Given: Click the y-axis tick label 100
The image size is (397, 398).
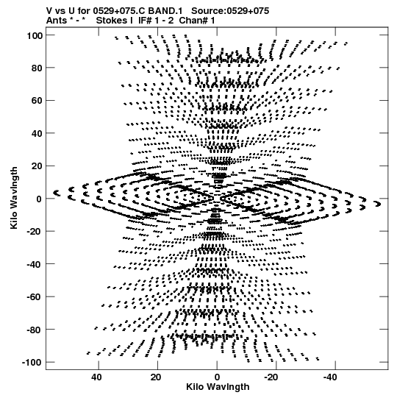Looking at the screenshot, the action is coord(35,36).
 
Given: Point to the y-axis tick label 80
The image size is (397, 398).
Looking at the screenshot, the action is coord(37,68).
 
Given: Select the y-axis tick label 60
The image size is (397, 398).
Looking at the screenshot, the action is coord(37,101).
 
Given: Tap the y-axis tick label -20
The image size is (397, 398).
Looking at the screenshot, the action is coord(35,232).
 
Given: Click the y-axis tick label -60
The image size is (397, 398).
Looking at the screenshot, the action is coord(35,297).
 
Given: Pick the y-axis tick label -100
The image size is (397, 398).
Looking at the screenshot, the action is coord(32,363).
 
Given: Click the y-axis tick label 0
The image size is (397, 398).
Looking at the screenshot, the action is coord(39,199).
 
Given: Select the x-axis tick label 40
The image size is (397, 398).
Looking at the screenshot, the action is coord(96,377).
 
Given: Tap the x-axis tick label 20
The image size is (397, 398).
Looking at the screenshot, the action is coord(156,377).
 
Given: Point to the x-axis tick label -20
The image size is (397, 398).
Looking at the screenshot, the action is coord(271,377).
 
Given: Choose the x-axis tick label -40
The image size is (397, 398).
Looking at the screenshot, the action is coord(330,377).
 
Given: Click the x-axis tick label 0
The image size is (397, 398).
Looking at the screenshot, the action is coord(217,377).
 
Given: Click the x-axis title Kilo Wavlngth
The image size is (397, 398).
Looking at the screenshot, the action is coord(218,387).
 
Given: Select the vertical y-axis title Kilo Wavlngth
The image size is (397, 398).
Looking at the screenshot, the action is coord(14,198).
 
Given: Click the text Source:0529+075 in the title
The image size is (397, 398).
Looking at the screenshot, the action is coord(230,11).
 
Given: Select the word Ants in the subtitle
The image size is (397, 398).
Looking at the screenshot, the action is coord(57,21).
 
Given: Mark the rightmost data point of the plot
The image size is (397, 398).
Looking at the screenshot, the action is coord(378,204).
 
